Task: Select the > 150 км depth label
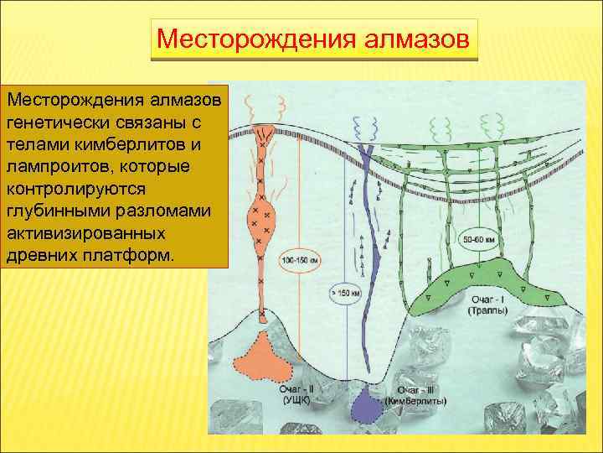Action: (x=346, y=294)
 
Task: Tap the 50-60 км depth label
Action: (x=481, y=241)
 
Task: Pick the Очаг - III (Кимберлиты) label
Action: (x=416, y=394)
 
